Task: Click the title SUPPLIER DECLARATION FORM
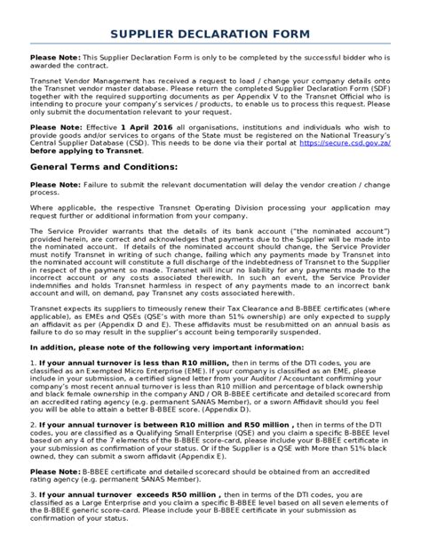[x=210, y=34]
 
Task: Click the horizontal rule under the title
[x=210, y=46]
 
